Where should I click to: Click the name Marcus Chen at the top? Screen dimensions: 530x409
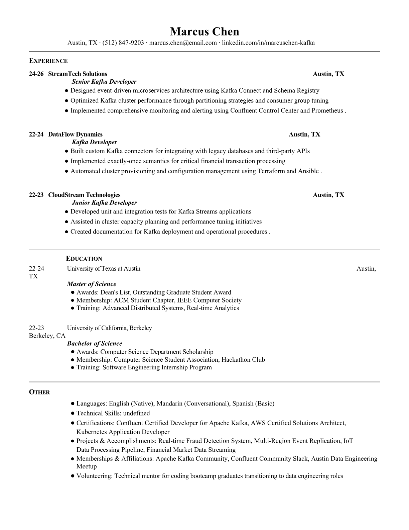click(204, 31)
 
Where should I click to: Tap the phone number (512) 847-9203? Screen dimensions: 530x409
click(123, 43)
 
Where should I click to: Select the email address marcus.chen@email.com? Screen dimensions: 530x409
click(183, 43)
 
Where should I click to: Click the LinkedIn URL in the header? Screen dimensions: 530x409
click(268, 43)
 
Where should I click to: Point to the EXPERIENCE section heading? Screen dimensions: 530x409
click(48, 61)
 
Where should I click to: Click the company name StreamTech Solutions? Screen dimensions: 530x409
click(78, 74)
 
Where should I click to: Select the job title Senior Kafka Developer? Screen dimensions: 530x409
click(104, 82)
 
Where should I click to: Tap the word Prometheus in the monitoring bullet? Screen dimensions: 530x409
click(327, 111)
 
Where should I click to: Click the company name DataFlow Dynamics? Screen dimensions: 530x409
click(75, 135)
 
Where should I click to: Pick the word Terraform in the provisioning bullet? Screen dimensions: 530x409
click(271, 171)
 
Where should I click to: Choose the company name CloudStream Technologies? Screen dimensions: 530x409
click(84, 195)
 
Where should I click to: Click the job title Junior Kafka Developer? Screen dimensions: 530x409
click(104, 203)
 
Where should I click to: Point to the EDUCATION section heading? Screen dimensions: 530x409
click(84, 259)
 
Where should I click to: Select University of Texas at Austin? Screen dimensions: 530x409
click(104, 269)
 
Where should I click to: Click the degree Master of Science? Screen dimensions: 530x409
click(91, 284)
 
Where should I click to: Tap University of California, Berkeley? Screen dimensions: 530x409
click(109, 328)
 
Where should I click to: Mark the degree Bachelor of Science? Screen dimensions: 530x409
click(94, 343)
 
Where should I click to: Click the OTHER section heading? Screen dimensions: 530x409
click(39, 392)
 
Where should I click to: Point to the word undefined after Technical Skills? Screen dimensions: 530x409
click(136, 413)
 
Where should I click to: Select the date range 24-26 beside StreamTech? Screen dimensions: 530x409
click(36, 74)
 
